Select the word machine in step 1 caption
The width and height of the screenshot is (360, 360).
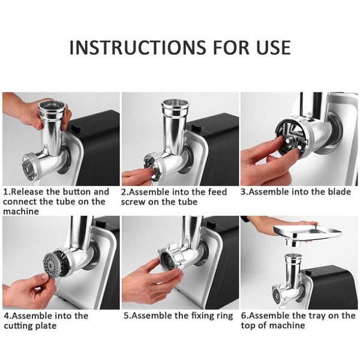coord(21,211)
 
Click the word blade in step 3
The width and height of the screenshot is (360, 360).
coord(340,192)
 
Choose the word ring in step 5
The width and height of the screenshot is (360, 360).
coord(224,316)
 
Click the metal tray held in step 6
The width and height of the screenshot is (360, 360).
coord(307,235)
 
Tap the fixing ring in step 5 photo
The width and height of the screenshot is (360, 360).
coord(172,258)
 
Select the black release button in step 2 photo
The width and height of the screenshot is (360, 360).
coord(196,128)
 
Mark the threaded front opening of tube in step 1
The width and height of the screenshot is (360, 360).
coord(31,167)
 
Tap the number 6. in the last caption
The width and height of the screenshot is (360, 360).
coord(245,316)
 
